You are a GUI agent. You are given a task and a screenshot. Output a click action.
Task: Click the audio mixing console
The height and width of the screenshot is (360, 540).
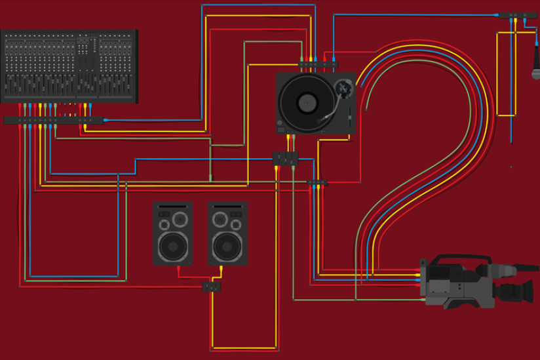click(x=69, y=66)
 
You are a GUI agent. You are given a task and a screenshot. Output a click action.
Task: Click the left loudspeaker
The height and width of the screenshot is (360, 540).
click(x=172, y=233)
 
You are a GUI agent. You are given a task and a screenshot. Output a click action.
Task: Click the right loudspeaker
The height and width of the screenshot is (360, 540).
click(x=227, y=233)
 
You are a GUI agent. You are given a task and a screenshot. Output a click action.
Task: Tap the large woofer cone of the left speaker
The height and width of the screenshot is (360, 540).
click(x=172, y=247)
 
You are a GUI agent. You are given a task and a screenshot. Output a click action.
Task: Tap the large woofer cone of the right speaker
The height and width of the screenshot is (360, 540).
click(x=227, y=247)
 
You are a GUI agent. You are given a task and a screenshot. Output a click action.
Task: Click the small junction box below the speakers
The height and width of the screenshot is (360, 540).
click(x=212, y=287)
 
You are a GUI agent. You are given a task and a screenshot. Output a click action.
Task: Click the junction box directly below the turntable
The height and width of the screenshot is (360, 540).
click(x=285, y=158)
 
